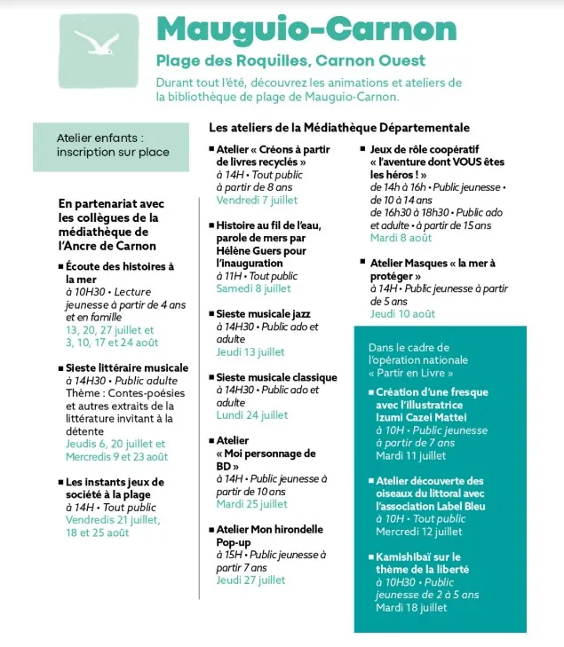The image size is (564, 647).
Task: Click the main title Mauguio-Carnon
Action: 325,29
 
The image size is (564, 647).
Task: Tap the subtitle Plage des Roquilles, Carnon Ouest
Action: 290,61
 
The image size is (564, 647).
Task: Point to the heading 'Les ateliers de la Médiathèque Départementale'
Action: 338,128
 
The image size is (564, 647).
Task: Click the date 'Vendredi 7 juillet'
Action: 253,201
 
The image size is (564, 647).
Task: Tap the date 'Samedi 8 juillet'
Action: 253,288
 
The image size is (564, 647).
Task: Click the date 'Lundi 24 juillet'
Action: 252,414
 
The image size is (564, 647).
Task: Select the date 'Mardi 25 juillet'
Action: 252,503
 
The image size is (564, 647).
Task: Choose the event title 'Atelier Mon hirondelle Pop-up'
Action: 269,535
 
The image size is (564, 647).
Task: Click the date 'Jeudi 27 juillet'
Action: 250,580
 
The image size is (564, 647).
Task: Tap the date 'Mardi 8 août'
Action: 401,238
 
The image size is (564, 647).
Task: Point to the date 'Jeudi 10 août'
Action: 402,313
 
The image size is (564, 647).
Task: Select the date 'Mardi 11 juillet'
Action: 410,455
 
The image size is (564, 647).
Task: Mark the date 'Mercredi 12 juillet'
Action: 418,532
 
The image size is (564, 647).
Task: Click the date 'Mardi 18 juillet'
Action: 410,608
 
